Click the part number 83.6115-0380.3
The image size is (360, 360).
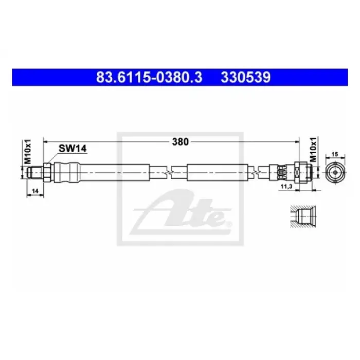[x=149, y=77]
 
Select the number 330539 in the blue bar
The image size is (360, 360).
[x=246, y=77]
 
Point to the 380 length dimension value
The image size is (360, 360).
[x=180, y=142]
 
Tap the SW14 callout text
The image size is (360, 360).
[x=73, y=149]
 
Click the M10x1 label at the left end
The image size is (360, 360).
[x=28, y=151]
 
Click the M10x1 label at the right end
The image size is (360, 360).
[x=313, y=149]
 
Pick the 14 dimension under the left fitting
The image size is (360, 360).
[x=35, y=191]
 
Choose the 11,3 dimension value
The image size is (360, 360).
[x=286, y=187]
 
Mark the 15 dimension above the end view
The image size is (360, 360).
[x=335, y=154]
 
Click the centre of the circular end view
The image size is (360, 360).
[x=335, y=172]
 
